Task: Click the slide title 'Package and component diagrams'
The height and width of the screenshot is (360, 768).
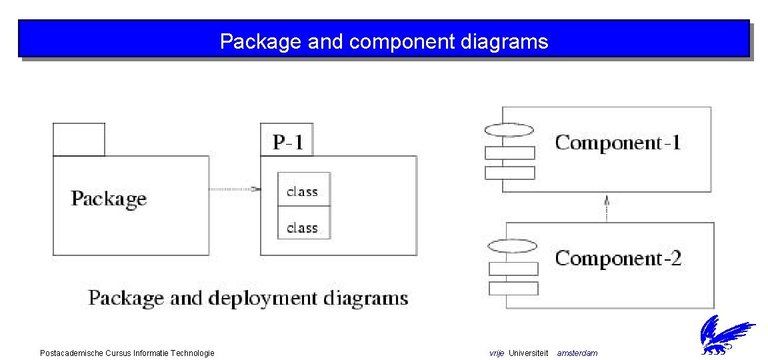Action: (384, 42)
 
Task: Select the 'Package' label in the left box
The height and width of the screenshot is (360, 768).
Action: (109, 199)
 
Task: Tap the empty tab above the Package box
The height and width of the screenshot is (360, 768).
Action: (79, 139)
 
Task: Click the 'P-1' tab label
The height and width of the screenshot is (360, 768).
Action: (288, 142)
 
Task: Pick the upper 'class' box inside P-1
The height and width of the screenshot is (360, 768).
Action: (303, 190)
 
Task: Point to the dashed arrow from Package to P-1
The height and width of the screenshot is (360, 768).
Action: (233, 189)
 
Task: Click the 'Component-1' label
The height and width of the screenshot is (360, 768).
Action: (618, 143)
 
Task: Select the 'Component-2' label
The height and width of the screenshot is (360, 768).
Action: (618, 259)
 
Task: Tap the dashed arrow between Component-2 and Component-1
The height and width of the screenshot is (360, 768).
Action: (607, 207)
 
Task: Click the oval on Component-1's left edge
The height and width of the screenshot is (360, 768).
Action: (509, 129)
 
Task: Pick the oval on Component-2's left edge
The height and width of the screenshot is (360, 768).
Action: (512, 245)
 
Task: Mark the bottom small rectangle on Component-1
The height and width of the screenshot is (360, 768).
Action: (510, 173)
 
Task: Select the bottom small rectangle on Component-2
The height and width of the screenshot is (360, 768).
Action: (513, 288)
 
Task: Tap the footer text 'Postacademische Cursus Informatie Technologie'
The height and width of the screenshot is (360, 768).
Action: (127, 353)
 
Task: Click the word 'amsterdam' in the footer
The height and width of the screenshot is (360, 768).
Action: (577, 353)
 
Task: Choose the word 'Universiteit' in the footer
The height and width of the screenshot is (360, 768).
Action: (528, 353)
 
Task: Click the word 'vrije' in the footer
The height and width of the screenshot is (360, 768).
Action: (497, 353)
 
